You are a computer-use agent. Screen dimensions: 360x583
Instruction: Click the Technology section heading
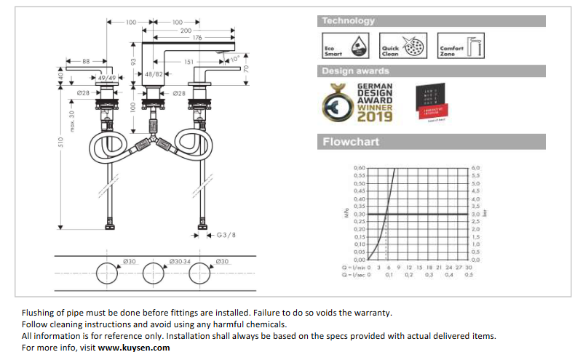click(x=349, y=21)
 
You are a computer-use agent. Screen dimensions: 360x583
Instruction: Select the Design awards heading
click(x=356, y=71)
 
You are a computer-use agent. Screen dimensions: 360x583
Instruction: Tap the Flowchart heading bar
click(x=351, y=141)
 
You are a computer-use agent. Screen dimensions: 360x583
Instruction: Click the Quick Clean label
click(x=390, y=51)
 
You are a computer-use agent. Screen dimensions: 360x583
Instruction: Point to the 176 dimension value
click(x=197, y=38)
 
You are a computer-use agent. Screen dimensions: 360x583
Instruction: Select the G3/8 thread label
click(x=226, y=235)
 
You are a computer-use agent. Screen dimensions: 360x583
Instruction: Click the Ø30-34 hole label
click(x=178, y=261)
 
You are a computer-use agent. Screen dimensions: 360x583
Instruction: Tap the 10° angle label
click(x=234, y=58)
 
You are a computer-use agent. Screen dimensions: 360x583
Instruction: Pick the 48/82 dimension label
click(x=153, y=74)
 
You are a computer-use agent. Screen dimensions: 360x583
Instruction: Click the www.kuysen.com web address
click(x=134, y=348)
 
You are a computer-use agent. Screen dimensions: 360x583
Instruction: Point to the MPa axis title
click(x=346, y=213)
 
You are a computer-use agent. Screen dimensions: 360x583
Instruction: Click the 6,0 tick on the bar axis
click(x=476, y=168)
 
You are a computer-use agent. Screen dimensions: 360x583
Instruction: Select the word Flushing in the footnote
click(x=39, y=313)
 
